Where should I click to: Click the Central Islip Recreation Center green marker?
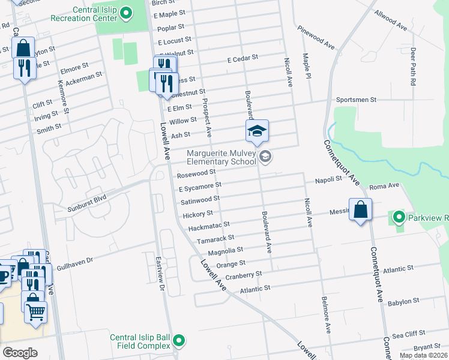pos(125,13)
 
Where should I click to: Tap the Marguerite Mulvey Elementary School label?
pos(223,157)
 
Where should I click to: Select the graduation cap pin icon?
pos(257,131)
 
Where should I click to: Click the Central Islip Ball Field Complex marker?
pos(179,341)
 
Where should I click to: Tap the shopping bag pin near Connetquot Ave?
pos(360,211)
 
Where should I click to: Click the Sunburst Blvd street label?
pos(87,197)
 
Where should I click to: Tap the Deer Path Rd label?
pos(413,67)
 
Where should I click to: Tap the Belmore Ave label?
pos(326,314)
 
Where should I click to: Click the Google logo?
pos(20,352)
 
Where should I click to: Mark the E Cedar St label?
pos(242,58)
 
